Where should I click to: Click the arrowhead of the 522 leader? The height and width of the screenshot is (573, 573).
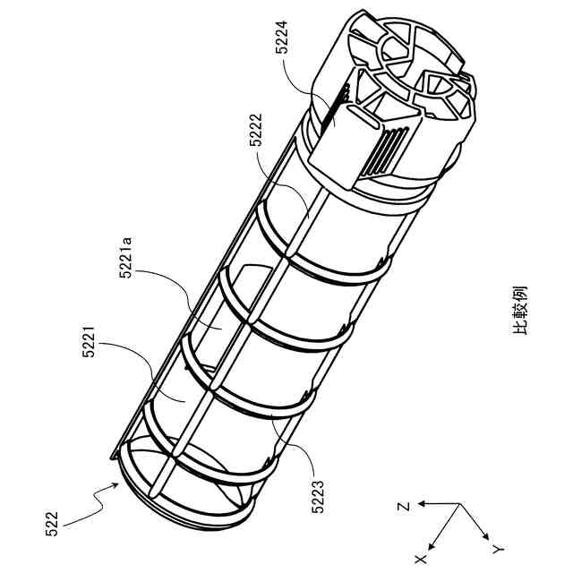tap(118, 484)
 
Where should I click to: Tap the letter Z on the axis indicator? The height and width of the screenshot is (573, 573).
tap(405, 507)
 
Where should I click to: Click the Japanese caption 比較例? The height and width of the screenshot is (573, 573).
tap(521, 310)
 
